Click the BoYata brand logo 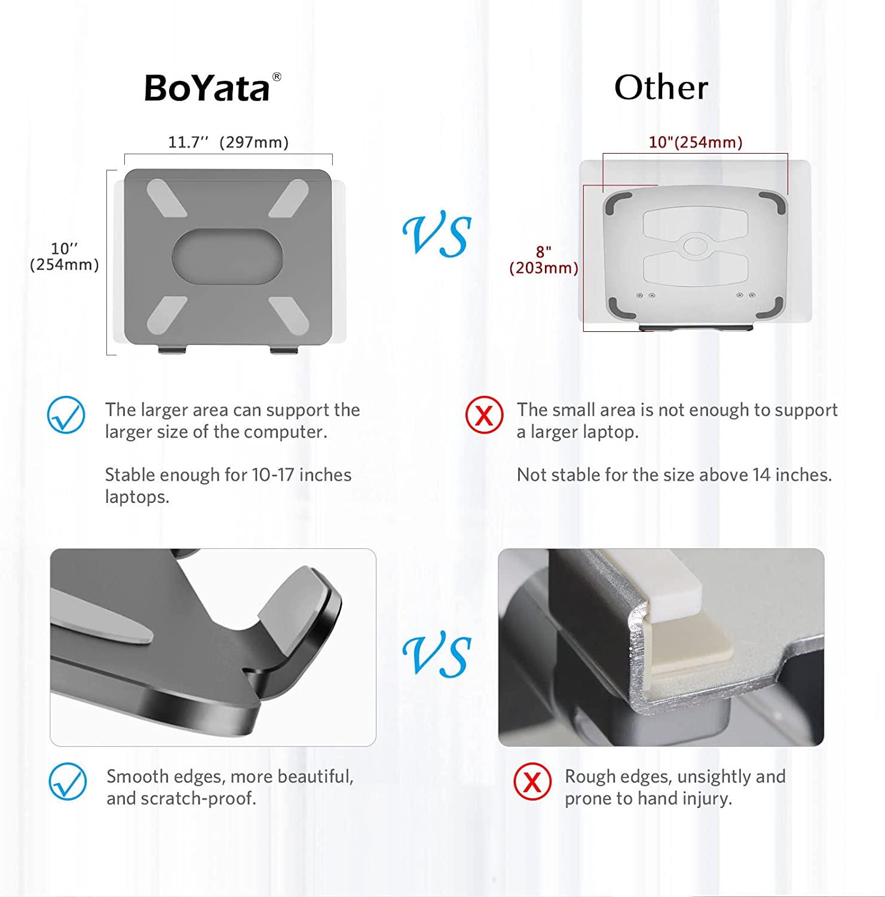(212, 87)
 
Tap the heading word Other (661, 88)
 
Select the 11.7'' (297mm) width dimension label (228, 142)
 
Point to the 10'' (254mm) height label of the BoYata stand (65, 257)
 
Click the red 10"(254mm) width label (696, 142)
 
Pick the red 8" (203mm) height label (544, 260)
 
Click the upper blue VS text (437, 236)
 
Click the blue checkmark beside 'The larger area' (66, 414)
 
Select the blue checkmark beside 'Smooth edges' (68, 781)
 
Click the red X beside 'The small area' (484, 414)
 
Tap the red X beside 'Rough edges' (532, 782)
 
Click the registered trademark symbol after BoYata (277, 77)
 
